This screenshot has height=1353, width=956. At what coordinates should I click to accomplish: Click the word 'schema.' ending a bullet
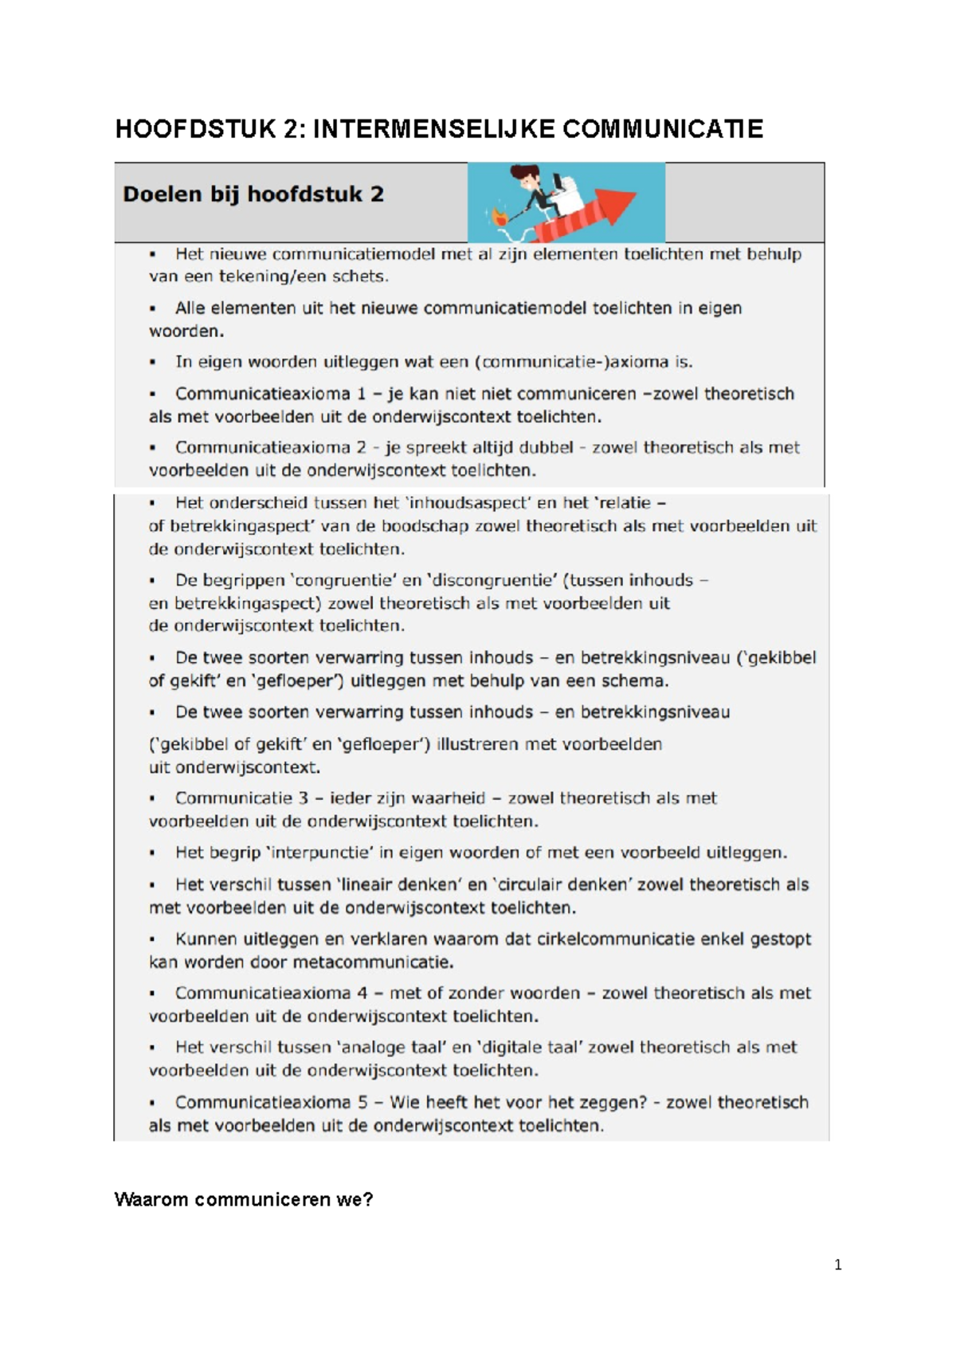[x=636, y=681]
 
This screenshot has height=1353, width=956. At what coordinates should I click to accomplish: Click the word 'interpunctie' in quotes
[x=320, y=853]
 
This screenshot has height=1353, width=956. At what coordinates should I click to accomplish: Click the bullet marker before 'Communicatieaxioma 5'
[x=152, y=1104]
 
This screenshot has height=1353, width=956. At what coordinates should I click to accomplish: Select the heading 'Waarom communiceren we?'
[x=243, y=1199]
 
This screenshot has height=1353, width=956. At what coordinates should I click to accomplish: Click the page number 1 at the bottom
[x=837, y=1265]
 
